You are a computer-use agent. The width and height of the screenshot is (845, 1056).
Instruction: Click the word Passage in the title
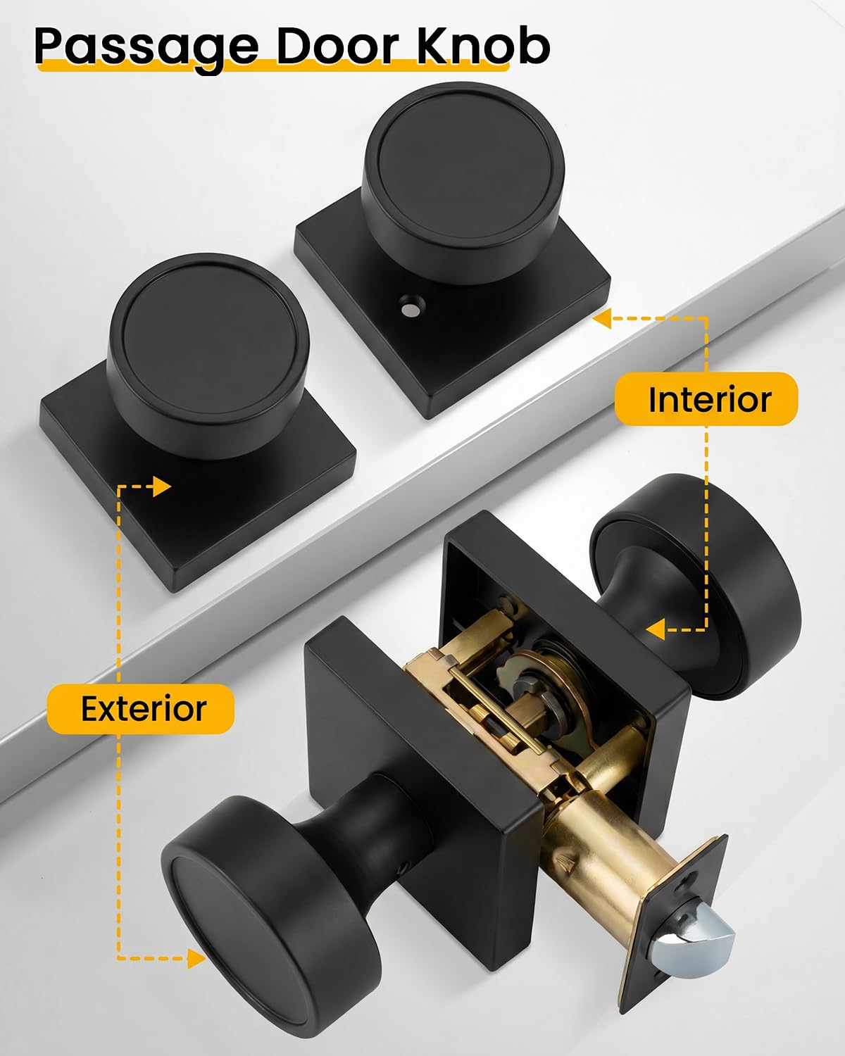coord(146,49)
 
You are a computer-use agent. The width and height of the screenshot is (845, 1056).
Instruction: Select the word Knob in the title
coord(483,46)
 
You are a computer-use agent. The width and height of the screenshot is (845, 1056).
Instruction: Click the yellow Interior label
coord(706,399)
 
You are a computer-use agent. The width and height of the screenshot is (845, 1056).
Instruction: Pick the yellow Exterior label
coord(141,709)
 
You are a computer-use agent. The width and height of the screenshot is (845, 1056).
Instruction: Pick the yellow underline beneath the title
coord(273,65)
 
